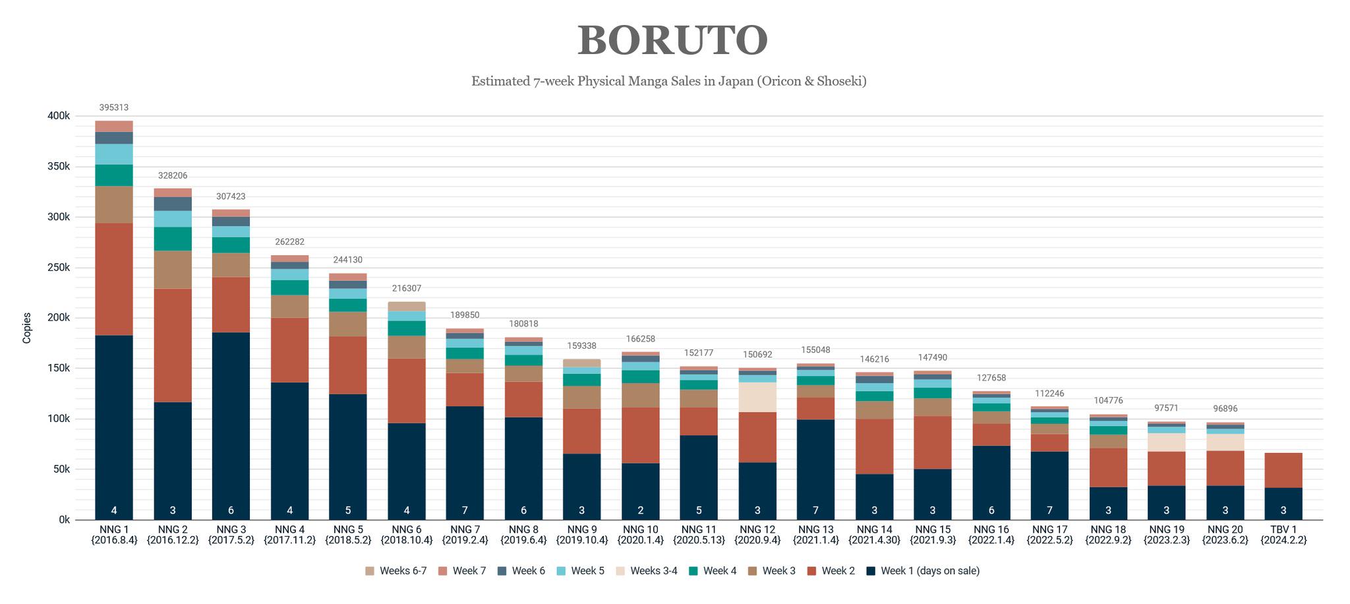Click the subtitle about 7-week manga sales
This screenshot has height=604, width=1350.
tap(668, 81)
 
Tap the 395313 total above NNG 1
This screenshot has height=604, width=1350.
tap(114, 107)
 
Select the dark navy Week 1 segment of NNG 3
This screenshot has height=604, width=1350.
tap(231, 422)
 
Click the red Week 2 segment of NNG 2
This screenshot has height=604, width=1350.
tap(173, 345)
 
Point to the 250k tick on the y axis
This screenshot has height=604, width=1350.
tap(59, 268)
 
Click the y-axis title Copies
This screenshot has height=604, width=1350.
tap(27, 328)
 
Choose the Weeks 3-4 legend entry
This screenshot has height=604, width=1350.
tap(647, 571)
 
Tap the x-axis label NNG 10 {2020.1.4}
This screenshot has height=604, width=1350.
tap(640, 534)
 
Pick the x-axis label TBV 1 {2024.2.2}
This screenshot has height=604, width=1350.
tap(1283, 534)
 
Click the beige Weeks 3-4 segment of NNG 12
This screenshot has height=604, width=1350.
tap(757, 397)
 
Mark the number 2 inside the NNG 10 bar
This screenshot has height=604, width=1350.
tap(640, 510)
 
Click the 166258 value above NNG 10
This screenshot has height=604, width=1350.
tap(640, 339)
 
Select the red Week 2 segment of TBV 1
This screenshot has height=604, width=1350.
tap(1283, 470)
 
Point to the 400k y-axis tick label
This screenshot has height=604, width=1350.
tap(59, 116)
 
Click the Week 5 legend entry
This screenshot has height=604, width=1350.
tap(580, 571)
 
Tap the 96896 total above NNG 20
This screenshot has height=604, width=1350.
tap(1225, 409)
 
